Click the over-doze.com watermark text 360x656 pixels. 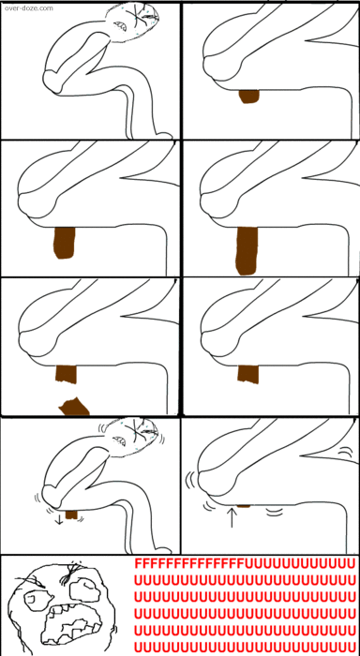click(x=29, y=7)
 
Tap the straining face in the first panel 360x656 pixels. click(x=133, y=21)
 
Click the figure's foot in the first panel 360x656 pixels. click(x=164, y=136)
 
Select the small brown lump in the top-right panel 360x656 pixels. click(x=249, y=97)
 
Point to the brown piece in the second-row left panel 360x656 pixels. click(x=65, y=243)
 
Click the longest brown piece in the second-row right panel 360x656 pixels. click(x=247, y=250)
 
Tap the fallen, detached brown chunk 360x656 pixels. click(x=74, y=406)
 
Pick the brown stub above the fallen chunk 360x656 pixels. click(x=67, y=374)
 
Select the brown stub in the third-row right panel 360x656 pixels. click(x=248, y=374)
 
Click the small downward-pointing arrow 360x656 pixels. click(x=59, y=519)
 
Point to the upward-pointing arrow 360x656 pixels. click(x=232, y=517)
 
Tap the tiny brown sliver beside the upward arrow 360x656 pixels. click(x=244, y=506)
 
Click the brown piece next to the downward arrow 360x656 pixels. click(x=71, y=514)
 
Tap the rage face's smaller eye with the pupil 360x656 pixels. click(x=33, y=600)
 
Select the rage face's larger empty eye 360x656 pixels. click(x=83, y=589)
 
